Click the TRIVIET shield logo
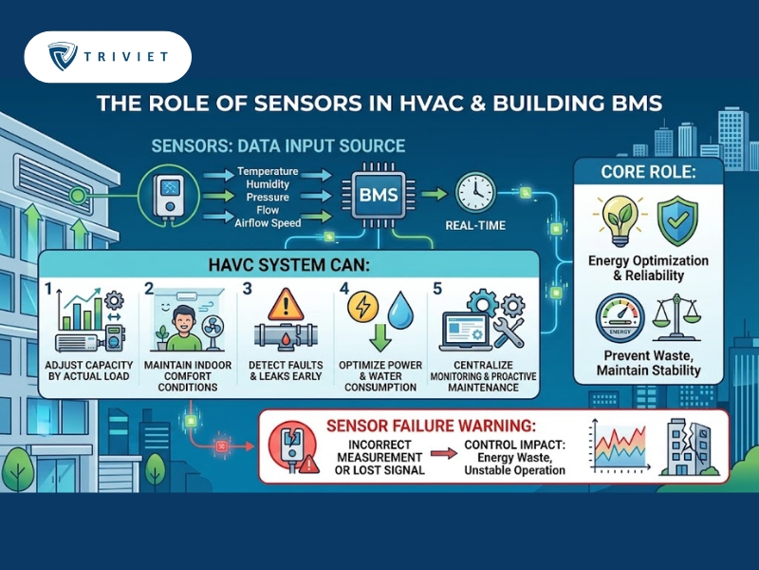pos(63,56)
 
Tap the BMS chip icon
pos(379,195)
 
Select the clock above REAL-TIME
pos(475,193)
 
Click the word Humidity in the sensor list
pos(268,184)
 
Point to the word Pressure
pos(268,198)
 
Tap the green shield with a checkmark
pos(677,221)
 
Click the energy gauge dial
pos(620,318)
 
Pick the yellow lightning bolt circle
pos(363,306)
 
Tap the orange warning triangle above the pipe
pos(286,304)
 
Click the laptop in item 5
pos(464,332)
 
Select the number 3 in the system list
pos(247,289)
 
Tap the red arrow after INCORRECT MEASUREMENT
pos(444,454)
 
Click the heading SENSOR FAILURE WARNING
pos(431,426)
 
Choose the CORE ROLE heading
pos(648,172)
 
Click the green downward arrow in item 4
pos(380,337)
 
